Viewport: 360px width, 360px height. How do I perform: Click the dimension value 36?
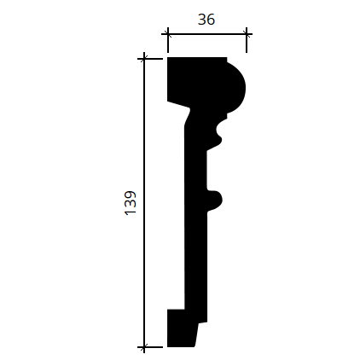(x=206, y=20)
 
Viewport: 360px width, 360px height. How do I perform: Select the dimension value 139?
(x=131, y=203)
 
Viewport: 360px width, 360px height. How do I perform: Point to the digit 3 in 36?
(x=202, y=20)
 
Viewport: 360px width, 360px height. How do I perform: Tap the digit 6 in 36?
(x=211, y=20)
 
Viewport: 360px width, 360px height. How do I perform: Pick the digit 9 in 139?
(x=131, y=195)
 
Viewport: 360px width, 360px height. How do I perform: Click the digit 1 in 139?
(x=131, y=212)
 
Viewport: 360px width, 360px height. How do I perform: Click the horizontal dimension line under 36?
(x=206, y=34)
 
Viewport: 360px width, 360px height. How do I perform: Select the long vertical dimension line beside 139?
(x=144, y=203)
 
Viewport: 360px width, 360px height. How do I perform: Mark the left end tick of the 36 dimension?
(x=168, y=34)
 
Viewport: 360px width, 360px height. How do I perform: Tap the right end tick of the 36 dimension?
(x=247, y=34)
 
